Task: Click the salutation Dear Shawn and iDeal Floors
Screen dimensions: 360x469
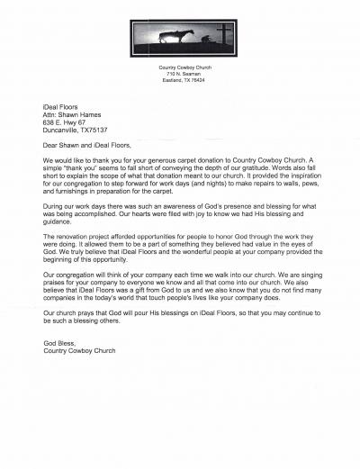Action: point(86,144)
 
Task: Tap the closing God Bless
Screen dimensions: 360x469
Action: point(59,342)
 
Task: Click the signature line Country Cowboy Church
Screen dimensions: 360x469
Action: point(85,350)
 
